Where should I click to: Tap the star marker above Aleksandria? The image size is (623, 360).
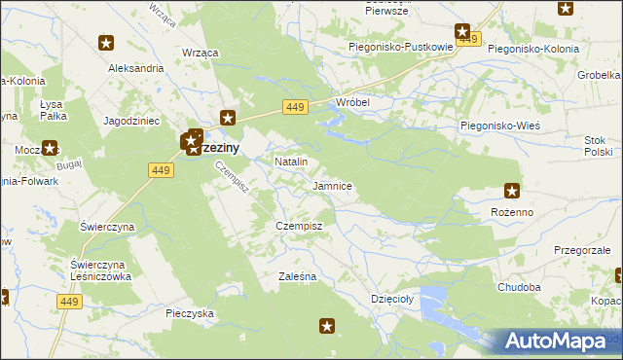click(107, 43)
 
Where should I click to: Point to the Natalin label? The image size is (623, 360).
click(291, 162)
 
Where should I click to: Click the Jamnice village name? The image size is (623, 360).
click(332, 185)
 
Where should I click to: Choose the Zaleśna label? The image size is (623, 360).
click(297, 276)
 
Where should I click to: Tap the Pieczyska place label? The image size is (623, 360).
click(190, 313)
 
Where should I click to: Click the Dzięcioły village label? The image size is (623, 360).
click(392, 300)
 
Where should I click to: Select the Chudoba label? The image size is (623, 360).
click(518, 288)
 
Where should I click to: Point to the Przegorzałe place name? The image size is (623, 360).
click(582, 250)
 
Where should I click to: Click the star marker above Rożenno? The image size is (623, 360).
click(512, 190)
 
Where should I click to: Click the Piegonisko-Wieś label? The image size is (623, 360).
click(499, 126)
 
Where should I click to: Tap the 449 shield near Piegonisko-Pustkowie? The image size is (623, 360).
click(470, 39)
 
